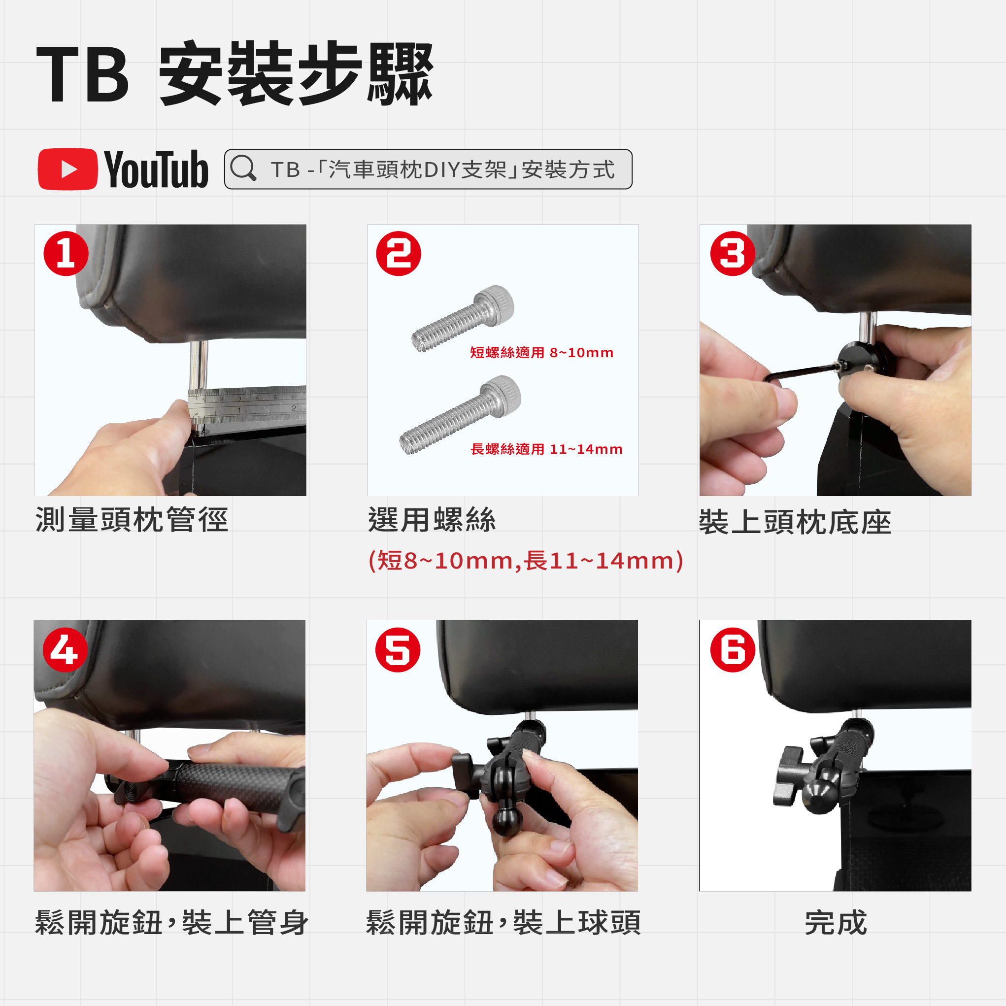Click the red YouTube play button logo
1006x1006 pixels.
pos(67,169)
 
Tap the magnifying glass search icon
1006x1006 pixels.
pos(243,168)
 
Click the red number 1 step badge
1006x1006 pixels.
pos(66,254)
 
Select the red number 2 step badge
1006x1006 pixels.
pos(399,254)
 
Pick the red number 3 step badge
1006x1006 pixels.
pos(733,254)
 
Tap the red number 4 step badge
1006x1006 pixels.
pos(65,650)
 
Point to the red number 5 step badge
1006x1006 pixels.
pos(398,650)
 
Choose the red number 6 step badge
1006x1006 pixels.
pos(733,650)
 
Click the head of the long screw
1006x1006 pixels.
pos(502,396)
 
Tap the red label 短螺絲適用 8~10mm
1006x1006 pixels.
pos(541,353)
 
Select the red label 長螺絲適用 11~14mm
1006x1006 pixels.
pos(546,449)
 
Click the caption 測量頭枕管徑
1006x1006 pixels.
pos(132,520)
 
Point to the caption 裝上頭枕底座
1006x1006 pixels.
pos(795,522)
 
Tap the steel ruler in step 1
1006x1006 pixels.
pos(247,403)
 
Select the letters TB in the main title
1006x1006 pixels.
pos(82,74)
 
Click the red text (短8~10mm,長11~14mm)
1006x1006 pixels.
pos(526,561)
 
